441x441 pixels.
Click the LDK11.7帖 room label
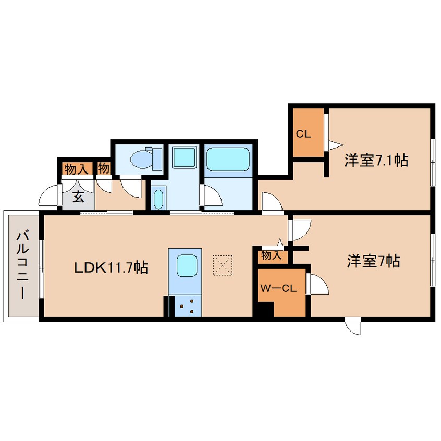pyautogui.click(x=111, y=267)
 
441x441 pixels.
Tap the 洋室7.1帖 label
pyautogui.click(x=376, y=161)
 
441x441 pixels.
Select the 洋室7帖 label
pyautogui.click(x=374, y=261)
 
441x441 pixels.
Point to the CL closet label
pyautogui.click(x=303, y=134)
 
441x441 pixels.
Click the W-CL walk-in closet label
pyautogui.click(x=278, y=288)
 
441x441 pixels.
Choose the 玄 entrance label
pyautogui.click(x=79, y=197)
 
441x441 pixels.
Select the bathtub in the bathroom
pyautogui.click(x=228, y=159)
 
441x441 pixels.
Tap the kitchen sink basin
pyautogui.click(x=187, y=265)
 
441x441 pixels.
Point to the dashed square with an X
pyautogui.click(x=223, y=265)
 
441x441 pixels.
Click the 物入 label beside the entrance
pyautogui.click(x=76, y=169)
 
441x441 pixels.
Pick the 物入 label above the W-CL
pyautogui.click(x=272, y=255)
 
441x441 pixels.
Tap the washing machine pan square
pyautogui.click(x=184, y=157)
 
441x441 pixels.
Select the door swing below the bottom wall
pyautogui.click(x=353, y=327)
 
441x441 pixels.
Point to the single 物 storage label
pyautogui.click(x=103, y=168)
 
